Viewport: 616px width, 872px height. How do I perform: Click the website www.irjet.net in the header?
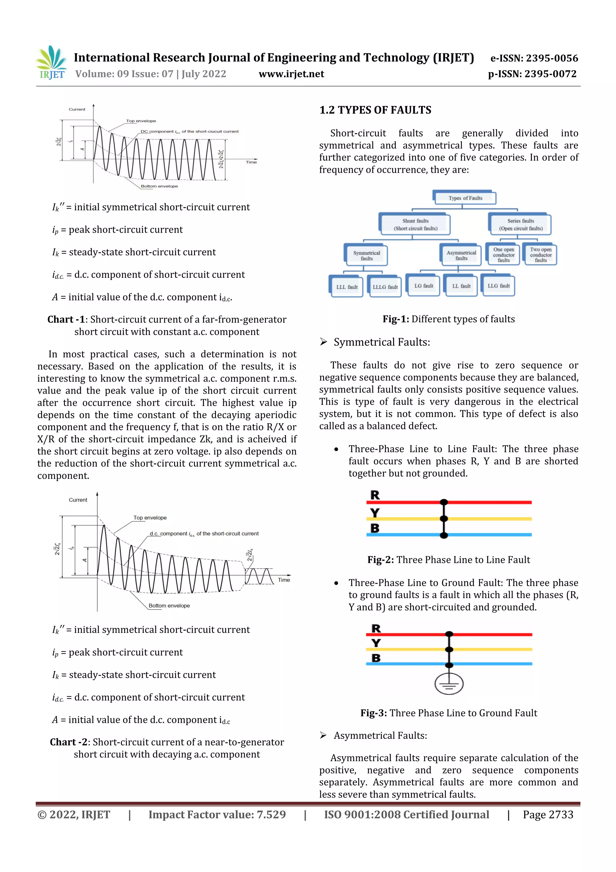point(291,74)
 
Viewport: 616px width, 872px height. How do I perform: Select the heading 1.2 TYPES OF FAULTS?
point(375,110)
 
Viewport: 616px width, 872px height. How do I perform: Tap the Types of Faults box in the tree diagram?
point(465,198)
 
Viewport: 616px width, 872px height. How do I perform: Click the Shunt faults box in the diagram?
point(415,224)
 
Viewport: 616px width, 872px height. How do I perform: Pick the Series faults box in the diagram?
point(520,224)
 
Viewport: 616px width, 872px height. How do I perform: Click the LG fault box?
point(423,286)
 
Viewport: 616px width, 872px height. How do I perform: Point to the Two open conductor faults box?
point(540,254)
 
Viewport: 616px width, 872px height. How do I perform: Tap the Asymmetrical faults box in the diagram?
point(461,255)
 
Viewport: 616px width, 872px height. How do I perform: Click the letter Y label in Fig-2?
point(374,513)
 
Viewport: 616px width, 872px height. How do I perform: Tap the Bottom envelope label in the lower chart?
point(169,605)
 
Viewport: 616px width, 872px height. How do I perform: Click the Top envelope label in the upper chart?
point(141,121)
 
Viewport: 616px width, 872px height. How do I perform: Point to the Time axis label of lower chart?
point(284,579)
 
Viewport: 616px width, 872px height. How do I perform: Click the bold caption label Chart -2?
point(68,742)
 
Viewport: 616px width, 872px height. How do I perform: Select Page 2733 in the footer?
point(547,814)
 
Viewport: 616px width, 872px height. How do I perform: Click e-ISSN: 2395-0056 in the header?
point(534,58)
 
